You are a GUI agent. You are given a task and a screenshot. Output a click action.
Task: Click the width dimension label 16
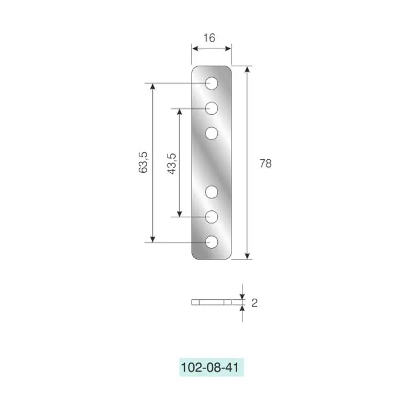210,38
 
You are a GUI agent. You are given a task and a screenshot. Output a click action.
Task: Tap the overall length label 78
266,163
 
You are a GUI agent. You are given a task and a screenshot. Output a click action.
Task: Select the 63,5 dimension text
143,162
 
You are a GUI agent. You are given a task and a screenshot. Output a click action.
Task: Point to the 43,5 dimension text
172,164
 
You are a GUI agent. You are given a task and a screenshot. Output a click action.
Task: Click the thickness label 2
254,303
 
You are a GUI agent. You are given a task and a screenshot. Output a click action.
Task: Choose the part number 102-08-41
210,367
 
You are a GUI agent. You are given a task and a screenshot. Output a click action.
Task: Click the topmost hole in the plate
211,83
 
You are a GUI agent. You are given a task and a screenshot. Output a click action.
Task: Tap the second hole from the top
211,108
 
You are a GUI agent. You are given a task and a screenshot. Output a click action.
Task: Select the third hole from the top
211,134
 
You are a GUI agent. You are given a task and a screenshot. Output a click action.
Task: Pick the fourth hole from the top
211,192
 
